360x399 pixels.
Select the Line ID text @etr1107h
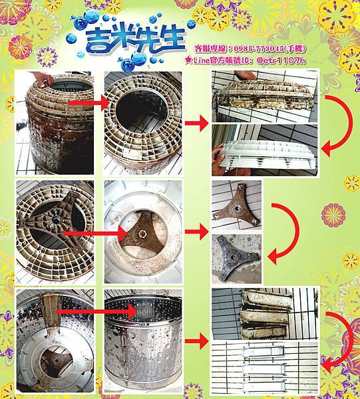[x=281, y=61]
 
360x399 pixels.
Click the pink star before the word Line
[x=189, y=60]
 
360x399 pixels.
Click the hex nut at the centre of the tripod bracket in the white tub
[x=142, y=233]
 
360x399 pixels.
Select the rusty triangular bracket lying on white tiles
[x=237, y=205]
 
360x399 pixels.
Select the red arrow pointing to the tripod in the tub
[x=95, y=233]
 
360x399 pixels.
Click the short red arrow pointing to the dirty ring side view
[x=197, y=123]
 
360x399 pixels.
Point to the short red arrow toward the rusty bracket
[x=197, y=231]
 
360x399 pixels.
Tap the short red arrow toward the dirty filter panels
[x=197, y=340]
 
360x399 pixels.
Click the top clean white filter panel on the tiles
[x=263, y=352]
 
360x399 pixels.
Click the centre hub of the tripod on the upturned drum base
[x=55, y=219]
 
